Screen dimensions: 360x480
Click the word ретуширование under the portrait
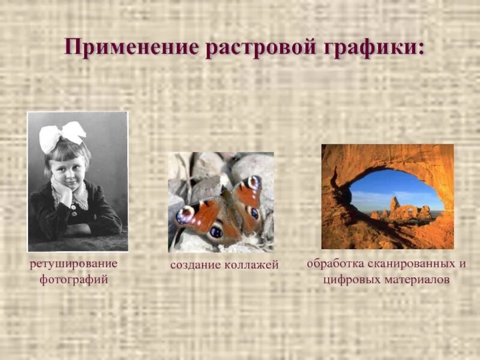click(74, 263)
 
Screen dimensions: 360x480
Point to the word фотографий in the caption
click(74, 279)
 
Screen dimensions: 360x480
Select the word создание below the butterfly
click(193, 265)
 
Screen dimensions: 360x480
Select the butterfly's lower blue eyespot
click(215, 230)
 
